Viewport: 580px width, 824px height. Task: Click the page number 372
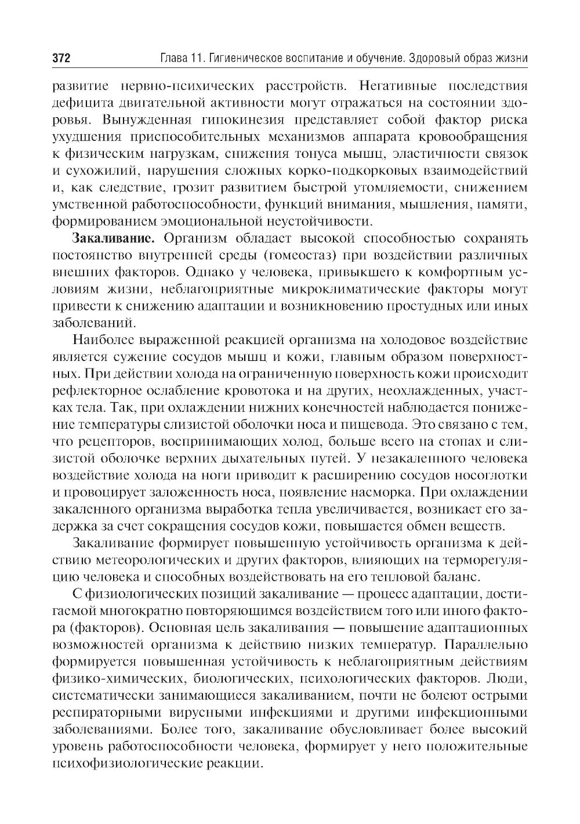(61, 59)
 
